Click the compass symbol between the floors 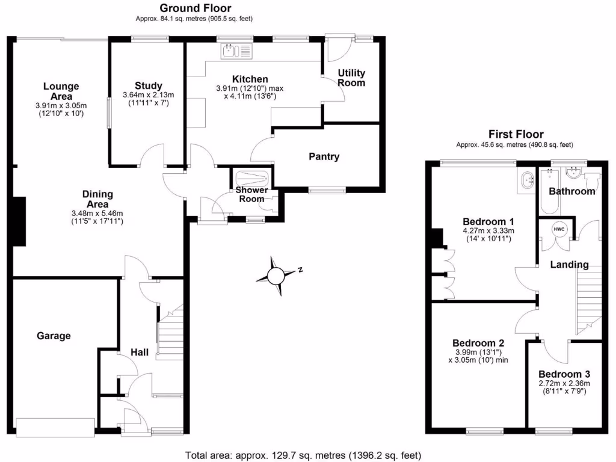point(277,276)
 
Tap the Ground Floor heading point(195,8)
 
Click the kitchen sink point(238,52)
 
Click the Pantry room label point(324,157)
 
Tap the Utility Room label point(351,78)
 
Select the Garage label point(54,336)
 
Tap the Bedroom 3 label point(563,373)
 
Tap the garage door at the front point(55,427)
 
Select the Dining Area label point(97,199)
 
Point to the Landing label point(570,265)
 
